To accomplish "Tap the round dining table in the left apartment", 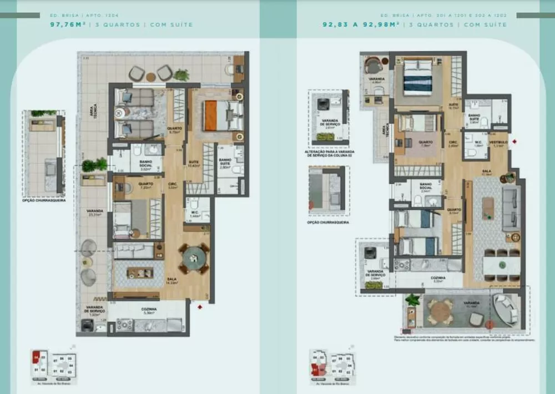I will point(194,257).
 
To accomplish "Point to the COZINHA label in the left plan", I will point(149,310).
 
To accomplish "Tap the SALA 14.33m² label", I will point(171,281).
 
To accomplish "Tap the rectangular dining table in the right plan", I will point(501,264).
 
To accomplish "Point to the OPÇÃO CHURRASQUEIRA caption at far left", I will point(43,200).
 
